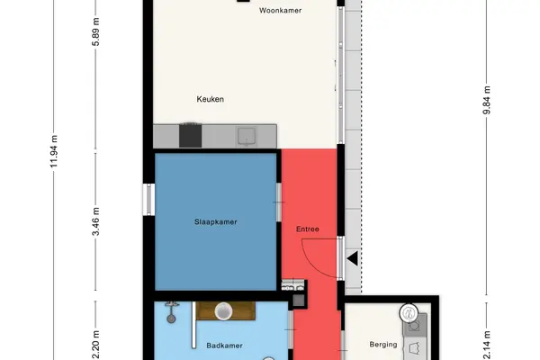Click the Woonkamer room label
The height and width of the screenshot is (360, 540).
[280, 10]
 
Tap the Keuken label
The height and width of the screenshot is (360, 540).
[210, 99]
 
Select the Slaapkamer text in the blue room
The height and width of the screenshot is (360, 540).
[216, 222]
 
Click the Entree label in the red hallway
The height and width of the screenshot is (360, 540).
[308, 229]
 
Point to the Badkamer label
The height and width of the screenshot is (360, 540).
[224, 346]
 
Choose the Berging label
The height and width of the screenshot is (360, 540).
[383, 344]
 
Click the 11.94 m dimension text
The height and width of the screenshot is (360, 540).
[54, 151]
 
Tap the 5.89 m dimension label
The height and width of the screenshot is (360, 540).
[96, 31]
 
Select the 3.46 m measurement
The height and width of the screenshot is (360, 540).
[96, 221]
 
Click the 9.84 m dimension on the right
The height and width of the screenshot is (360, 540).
[487, 100]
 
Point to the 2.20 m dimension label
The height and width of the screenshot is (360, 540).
[96, 345]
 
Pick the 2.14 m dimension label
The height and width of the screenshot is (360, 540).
[487, 346]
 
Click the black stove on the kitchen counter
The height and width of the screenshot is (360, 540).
[190, 135]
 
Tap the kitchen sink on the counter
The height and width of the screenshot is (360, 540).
[247, 137]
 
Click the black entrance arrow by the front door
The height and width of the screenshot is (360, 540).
[352, 258]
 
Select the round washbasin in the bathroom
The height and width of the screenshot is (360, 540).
[223, 310]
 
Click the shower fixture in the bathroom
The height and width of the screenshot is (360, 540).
[172, 312]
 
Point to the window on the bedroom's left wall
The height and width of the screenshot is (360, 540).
[148, 200]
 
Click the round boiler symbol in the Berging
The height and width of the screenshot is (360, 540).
[409, 313]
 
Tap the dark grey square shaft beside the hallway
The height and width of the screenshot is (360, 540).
[299, 301]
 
